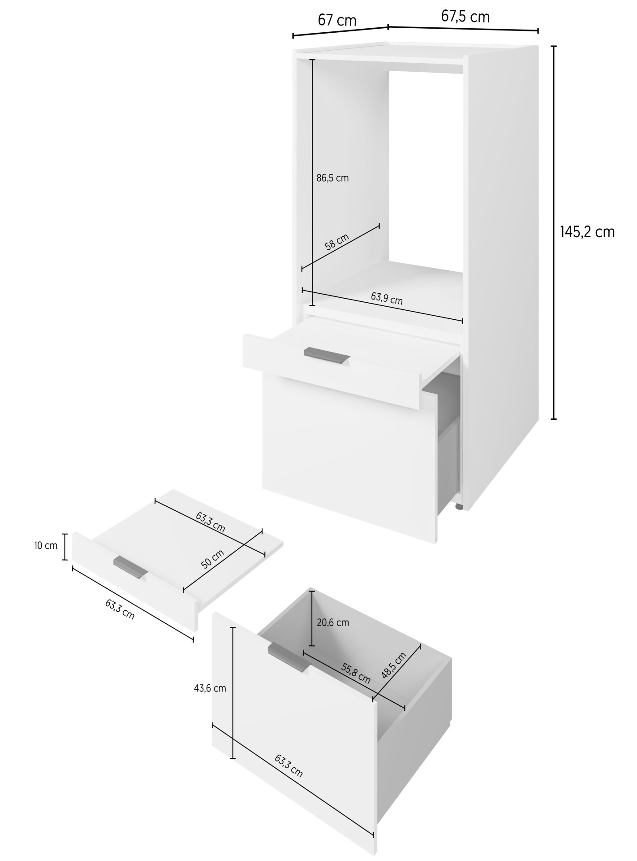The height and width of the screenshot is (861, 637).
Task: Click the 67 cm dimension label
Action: pyautogui.click(x=337, y=20)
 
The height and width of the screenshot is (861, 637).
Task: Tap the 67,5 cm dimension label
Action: pyautogui.click(x=465, y=17)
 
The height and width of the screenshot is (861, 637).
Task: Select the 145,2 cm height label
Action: pyautogui.click(x=587, y=232)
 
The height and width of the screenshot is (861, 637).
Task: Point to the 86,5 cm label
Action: pyautogui.click(x=332, y=178)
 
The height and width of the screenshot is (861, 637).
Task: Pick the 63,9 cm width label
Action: pyautogui.click(x=387, y=298)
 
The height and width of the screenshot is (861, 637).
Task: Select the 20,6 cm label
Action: pyautogui.click(x=333, y=622)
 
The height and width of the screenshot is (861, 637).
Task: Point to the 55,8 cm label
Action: pyautogui.click(x=356, y=674)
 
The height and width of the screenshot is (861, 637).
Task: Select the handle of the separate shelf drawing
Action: pyautogui.click(x=131, y=568)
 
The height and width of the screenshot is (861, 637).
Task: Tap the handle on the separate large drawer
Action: pyautogui.click(x=289, y=657)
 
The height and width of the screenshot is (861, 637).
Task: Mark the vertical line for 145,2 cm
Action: pyautogui.click(x=554, y=233)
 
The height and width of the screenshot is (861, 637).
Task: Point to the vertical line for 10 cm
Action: pyautogui.click(x=65, y=547)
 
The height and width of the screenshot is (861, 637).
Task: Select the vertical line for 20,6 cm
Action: pyautogui.click(x=311, y=619)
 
